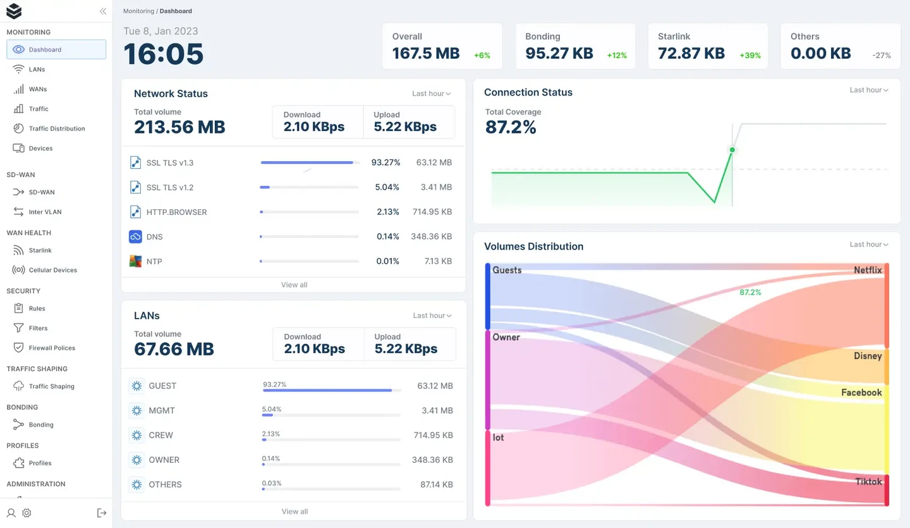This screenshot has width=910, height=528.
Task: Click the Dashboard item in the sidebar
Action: (56, 49)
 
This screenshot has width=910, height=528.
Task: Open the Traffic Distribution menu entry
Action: (57, 128)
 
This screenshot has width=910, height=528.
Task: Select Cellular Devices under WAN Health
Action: (52, 270)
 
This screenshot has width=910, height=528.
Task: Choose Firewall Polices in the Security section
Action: (52, 348)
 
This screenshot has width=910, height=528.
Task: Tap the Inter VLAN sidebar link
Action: (45, 212)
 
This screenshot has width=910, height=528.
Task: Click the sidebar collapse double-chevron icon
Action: (103, 11)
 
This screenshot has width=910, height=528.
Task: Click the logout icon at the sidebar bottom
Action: (102, 513)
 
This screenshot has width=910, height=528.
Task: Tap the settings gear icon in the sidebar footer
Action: (27, 513)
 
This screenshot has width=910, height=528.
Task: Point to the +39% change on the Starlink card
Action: (750, 56)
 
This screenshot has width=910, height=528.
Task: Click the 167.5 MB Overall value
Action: (425, 54)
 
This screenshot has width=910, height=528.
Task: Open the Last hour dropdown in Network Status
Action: (432, 94)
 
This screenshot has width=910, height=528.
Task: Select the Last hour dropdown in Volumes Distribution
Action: (869, 244)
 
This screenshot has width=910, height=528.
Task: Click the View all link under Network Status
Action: (294, 285)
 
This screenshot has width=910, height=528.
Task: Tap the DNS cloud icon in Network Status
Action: (135, 236)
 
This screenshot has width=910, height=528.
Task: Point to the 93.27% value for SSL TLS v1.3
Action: (385, 163)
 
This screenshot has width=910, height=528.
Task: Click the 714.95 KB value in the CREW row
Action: (433, 435)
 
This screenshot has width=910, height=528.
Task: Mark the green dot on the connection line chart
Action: (732, 150)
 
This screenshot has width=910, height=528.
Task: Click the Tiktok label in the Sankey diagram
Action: (868, 482)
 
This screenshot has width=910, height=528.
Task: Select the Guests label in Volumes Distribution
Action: (507, 270)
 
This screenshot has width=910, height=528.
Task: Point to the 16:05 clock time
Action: (164, 54)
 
